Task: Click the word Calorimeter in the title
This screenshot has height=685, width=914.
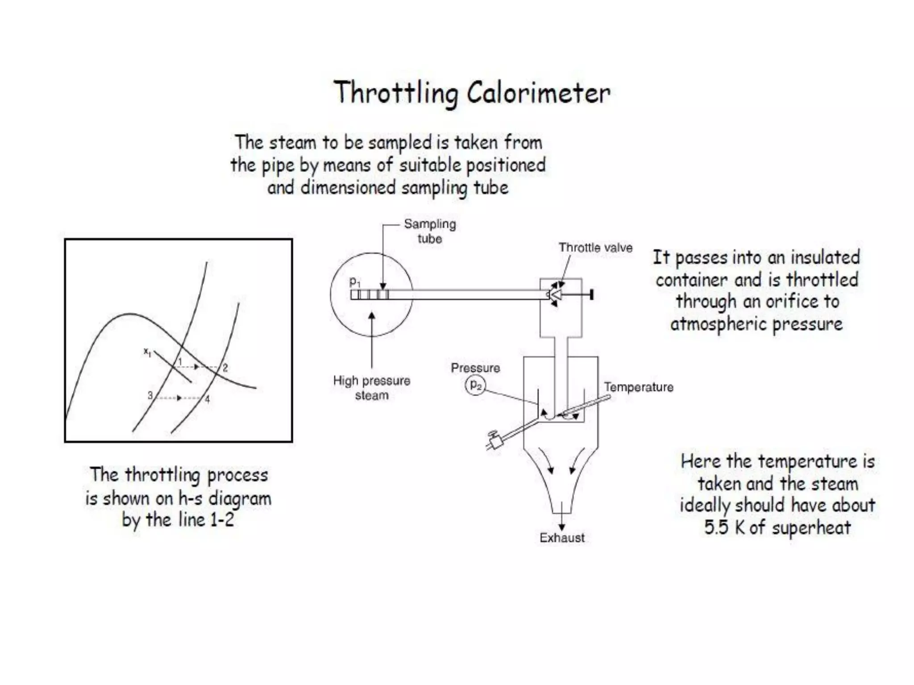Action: [x=538, y=94]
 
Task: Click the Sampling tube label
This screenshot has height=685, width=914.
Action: [x=430, y=231]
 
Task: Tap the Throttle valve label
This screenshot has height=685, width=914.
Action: [x=595, y=248]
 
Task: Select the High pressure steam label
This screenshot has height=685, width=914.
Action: [x=371, y=388]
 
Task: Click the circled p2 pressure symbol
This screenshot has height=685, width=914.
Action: [x=476, y=385]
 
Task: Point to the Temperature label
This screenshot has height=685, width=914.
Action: [x=638, y=387]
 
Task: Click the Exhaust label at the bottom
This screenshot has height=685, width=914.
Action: [x=562, y=538]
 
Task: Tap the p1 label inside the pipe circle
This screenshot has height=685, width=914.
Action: [x=354, y=282]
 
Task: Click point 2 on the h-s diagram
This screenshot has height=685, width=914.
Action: [x=225, y=368]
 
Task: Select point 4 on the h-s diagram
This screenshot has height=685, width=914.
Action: [x=208, y=399]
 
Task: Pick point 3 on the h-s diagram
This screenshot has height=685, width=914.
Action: [x=150, y=395]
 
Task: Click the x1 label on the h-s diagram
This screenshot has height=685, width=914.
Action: [x=147, y=352]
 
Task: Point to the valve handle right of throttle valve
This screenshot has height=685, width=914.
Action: [x=591, y=294]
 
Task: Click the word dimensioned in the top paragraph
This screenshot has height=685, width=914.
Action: [x=348, y=188]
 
